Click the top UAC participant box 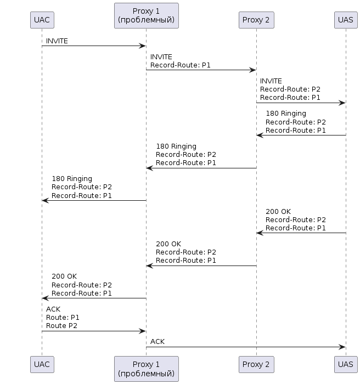[x=42, y=20]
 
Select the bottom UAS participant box [x=346, y=364]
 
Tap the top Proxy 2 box [x=256, y=20]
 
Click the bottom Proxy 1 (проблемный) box [x=147, y=369]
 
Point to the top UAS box [x=346, y=20]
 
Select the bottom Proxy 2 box [x=256, y=364]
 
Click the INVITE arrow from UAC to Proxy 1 [x=94, y=46]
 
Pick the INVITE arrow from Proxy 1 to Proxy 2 [x=201, y=70]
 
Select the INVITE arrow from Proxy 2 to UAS [x=301, y=103]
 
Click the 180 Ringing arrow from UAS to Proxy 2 [x=301, y=135]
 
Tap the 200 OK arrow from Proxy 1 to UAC [x=94, y=298]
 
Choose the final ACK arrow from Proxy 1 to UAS [x=246, y=347]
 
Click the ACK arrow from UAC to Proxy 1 [x=94, y=331]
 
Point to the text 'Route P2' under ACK [x=61, y=326]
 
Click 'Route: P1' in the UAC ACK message [x=63, y=318]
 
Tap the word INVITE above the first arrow [x=57, y=41]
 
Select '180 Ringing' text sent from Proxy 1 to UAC [x=72, y=179]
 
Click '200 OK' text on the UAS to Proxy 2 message [x=278, y=212]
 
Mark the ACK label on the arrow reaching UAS [x=157, y=342]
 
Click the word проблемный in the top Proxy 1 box [x=147, y=20]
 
